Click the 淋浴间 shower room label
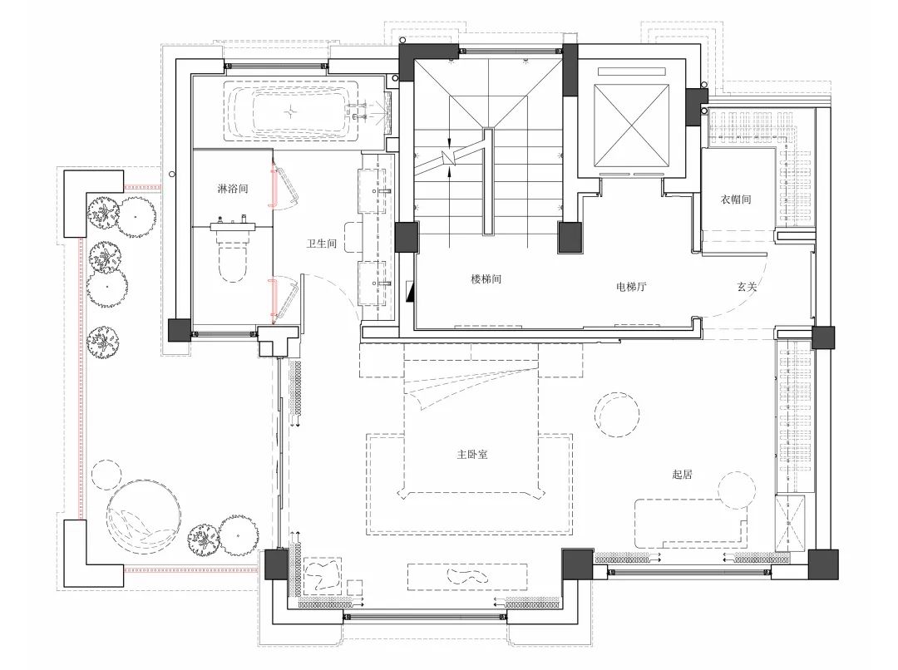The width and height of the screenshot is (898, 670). [233, 189]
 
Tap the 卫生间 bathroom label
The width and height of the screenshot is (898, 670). [321, 244]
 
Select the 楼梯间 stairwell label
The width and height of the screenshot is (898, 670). [486, 278]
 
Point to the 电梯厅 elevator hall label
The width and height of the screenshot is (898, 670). [631, 286]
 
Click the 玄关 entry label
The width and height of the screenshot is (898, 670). [747, 286]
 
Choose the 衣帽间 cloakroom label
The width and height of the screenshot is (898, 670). [735, 200]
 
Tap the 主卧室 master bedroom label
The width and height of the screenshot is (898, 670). [472, 455]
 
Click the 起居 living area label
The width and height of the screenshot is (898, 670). [682, 474]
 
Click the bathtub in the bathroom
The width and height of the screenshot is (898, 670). [290, 111]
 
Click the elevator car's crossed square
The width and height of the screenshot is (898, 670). [632, 126]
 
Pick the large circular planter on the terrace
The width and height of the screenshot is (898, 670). [144, 516]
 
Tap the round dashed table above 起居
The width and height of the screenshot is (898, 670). [616, 414]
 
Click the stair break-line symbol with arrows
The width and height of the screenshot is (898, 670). [451, 155]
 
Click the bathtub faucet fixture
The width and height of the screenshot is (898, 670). [360, 111]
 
